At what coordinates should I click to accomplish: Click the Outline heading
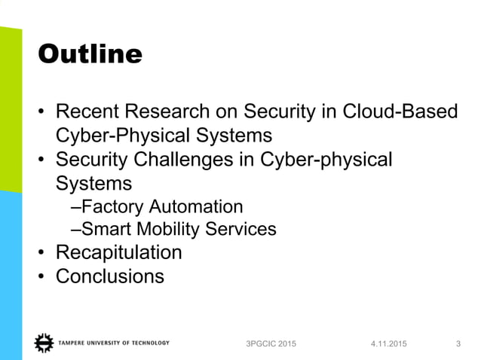point(90,53)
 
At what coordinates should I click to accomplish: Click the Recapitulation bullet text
point(119,252)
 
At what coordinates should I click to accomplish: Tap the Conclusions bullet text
point(110,276)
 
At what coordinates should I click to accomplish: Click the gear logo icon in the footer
point(43,343)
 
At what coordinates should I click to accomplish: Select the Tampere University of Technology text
point(113,343)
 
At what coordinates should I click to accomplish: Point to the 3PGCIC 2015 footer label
point(271,344)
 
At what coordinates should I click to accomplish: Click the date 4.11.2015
point(388,344)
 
